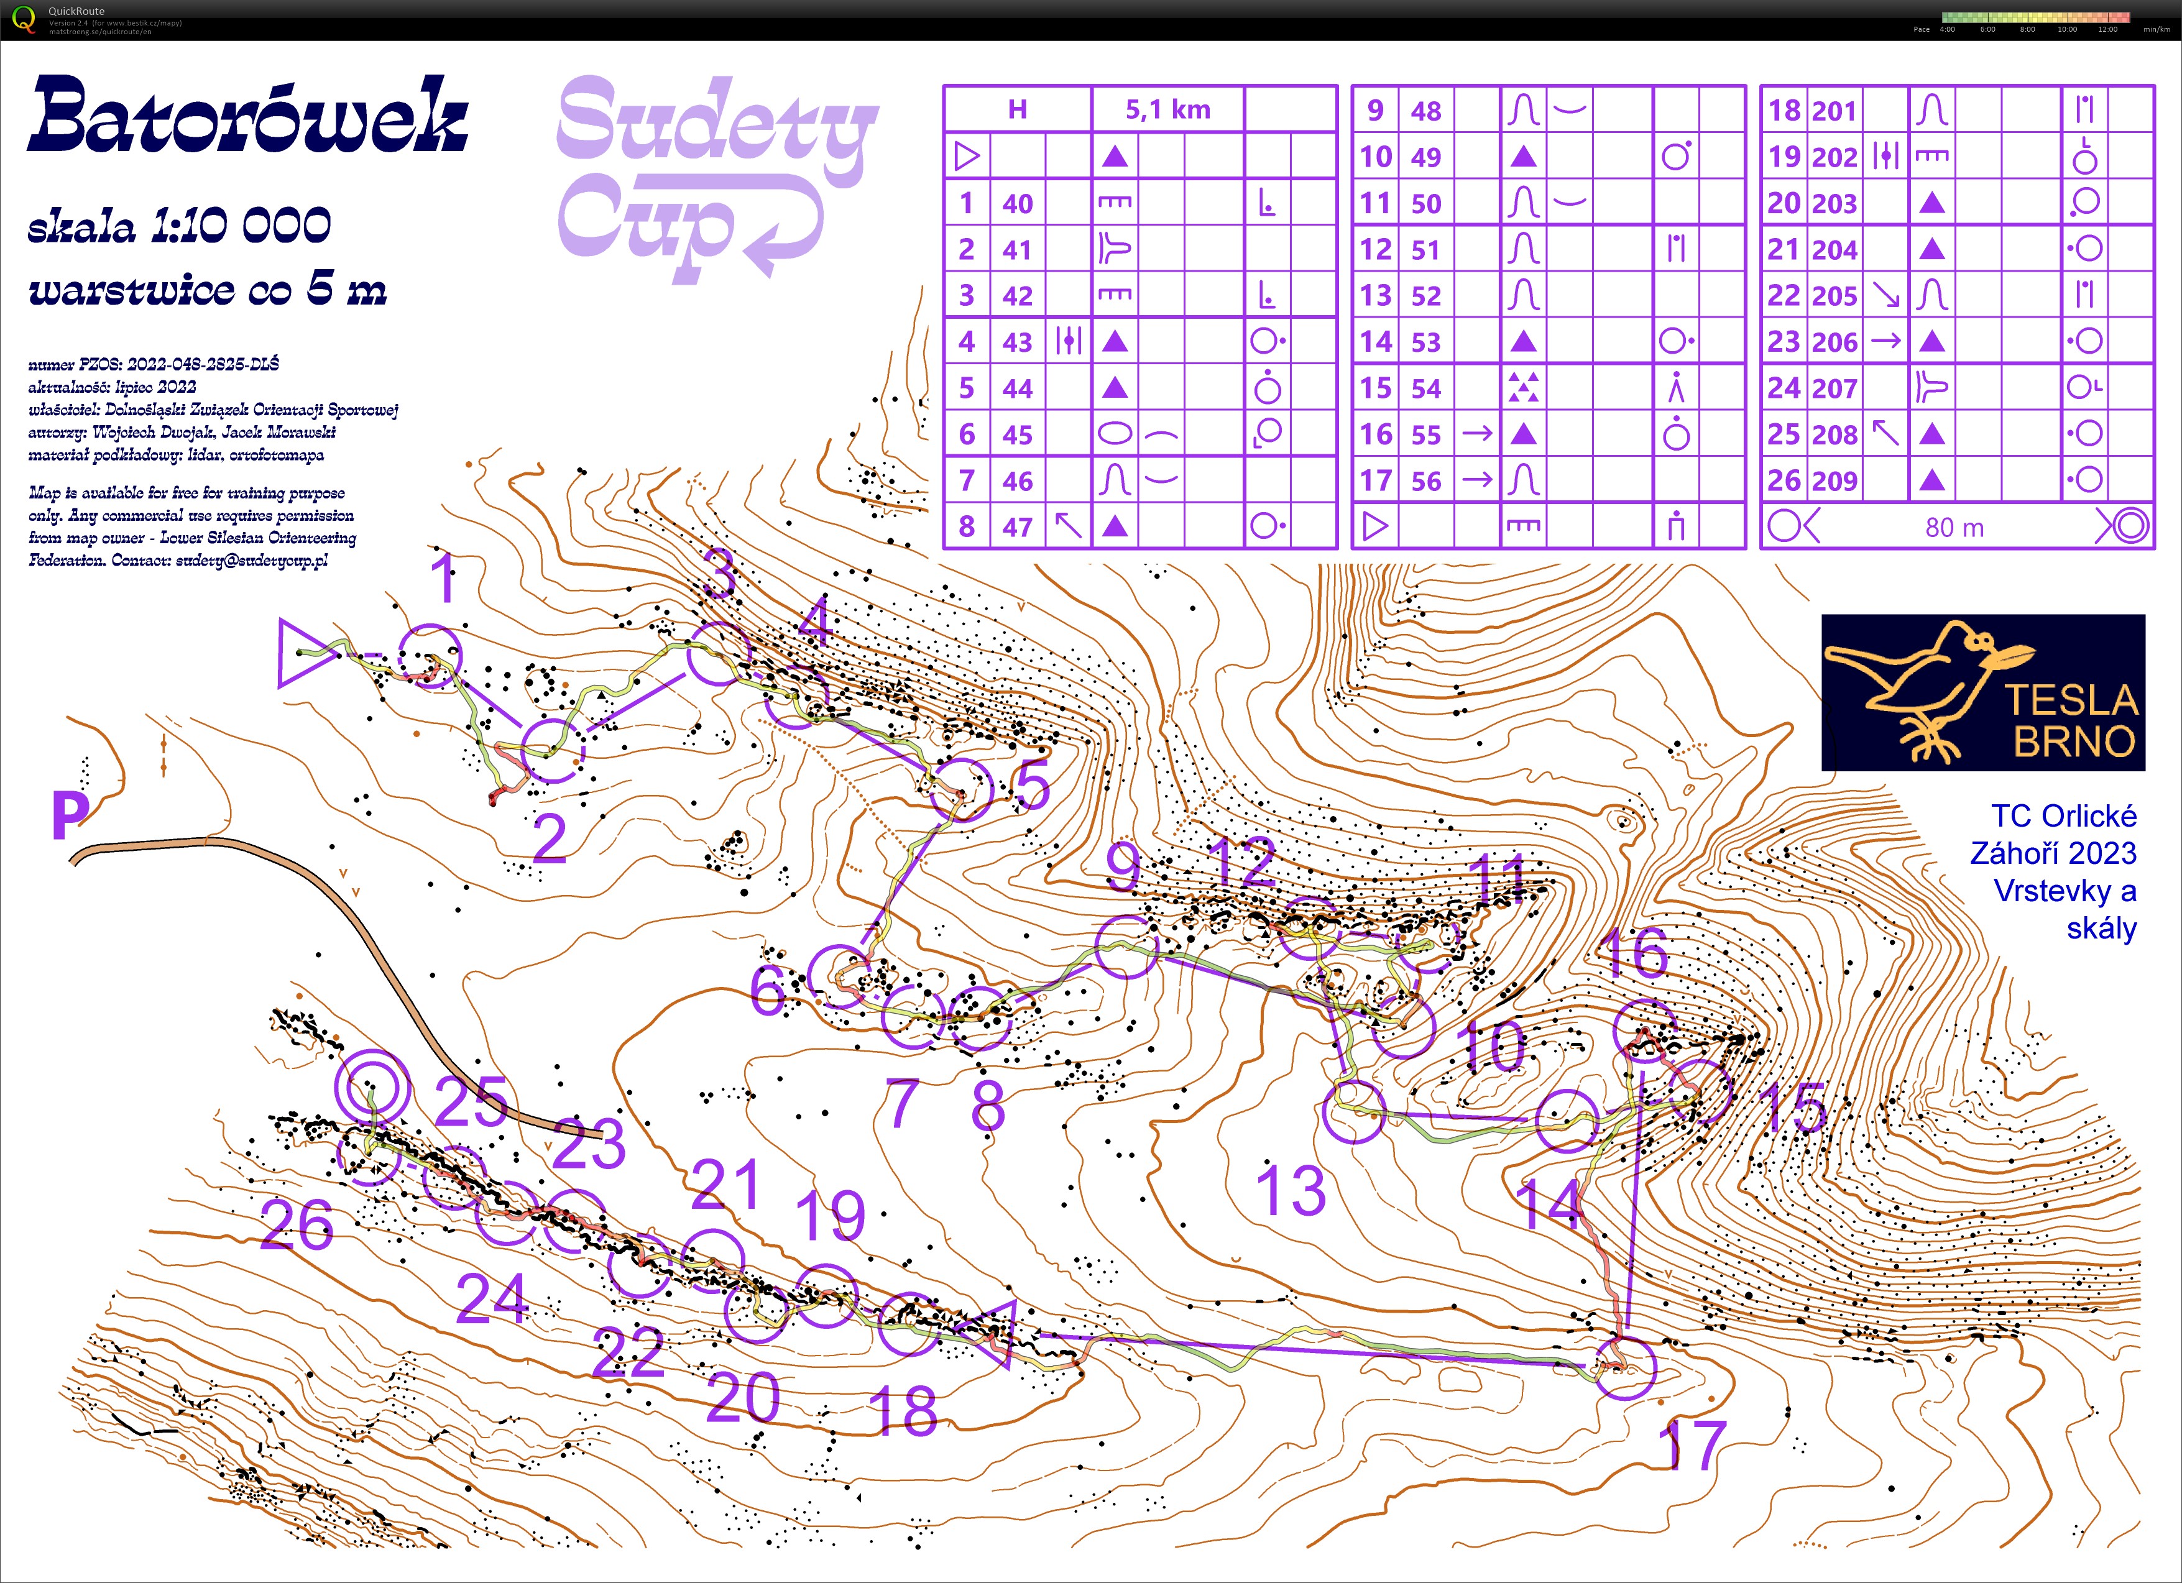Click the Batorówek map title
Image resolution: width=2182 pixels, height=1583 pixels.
coord(248,116)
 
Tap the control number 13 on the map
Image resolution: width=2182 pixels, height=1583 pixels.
coord(1290,1191)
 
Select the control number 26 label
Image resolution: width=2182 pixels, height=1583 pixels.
coord(297,1225)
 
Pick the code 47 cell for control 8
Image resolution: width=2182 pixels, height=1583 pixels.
coord(1017,527)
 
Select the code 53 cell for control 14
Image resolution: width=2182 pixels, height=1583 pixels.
coord(1426,341)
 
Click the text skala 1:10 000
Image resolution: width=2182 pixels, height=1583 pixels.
coord(180,227)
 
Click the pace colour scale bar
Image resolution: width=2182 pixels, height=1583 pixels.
coord(2035,16)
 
